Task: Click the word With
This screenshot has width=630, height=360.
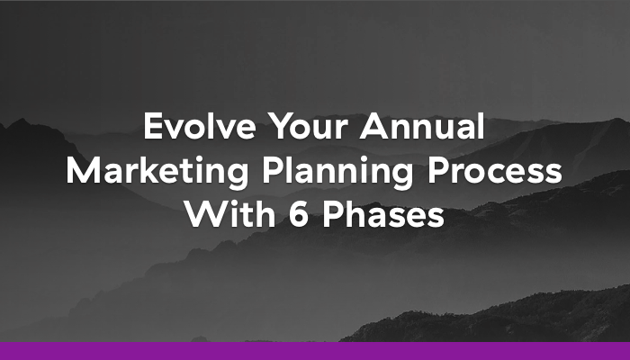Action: pyautogui.click(x=220, y=214)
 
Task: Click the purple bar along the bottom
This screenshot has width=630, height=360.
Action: pyautogui.click(x=315, y=351)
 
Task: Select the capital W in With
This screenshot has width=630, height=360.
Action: pyautogui.click(x=200, y=214)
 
